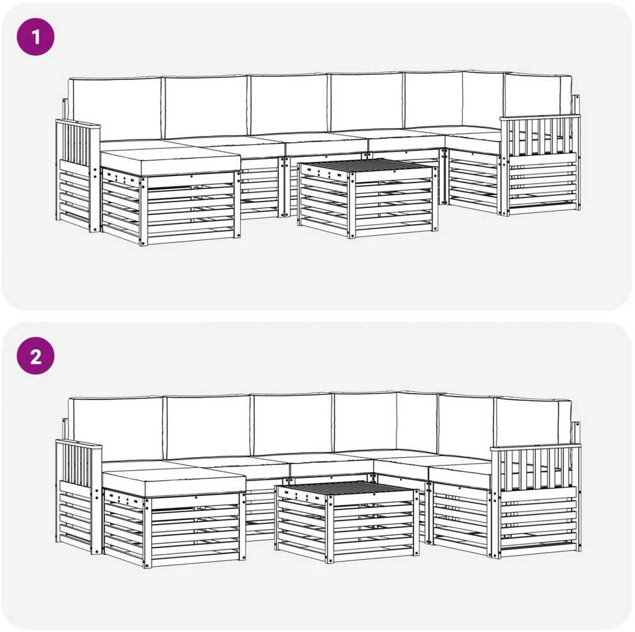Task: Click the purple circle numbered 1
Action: click(x=35, y=37)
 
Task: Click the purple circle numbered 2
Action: click(x=35, y=356)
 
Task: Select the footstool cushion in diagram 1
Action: click(x=170, y=161)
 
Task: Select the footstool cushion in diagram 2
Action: click(x=173, y=482)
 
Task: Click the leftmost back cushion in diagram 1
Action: click(x=115, y=109)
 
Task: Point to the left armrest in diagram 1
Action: click(x=77, y=175)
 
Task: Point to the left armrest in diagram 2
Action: click(x=79, y=496)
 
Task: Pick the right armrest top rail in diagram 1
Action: click(x=540, y=117)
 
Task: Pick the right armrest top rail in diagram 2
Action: click(x=535, y=447)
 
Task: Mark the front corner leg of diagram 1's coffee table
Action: click(x=351, y=204)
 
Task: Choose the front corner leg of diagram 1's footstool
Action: click(x=143, y=211)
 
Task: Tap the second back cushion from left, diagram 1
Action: click(x=205, y=108)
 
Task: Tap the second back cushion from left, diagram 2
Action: click(x=208, y=427)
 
